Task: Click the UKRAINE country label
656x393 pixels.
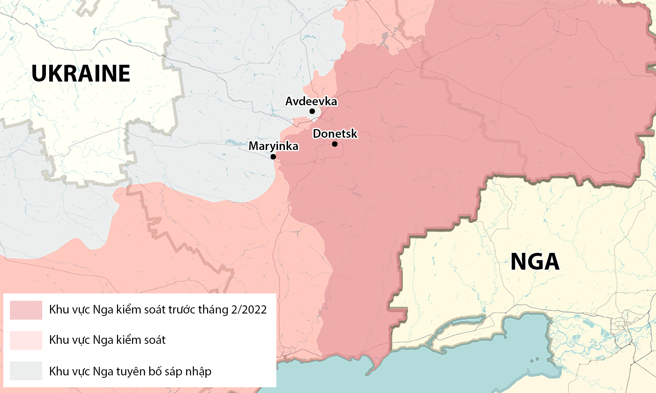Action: tap(81, 73)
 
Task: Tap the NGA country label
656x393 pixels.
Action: tap(535, 261)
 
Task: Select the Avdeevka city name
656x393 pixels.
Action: tap(311, 101)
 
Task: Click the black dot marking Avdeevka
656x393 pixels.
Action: tap(312, 111)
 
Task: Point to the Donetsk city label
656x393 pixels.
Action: tap(335, 134)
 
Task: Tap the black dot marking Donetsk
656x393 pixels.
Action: tap(335, 144)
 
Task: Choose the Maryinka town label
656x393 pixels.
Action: tap(273, 146)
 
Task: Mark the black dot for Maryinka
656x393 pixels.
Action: tap(273, 157)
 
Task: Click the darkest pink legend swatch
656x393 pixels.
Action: tap(26, 310)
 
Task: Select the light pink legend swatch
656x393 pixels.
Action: tap(26, 340)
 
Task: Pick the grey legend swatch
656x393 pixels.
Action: tap(26, 371)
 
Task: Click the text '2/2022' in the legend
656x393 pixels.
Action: tap(249, 309)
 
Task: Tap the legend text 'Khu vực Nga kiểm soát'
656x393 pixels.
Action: tap(107, 340)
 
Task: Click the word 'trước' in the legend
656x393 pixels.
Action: tap(182, 309)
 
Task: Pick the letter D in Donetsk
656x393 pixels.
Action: tap(317, 134)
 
